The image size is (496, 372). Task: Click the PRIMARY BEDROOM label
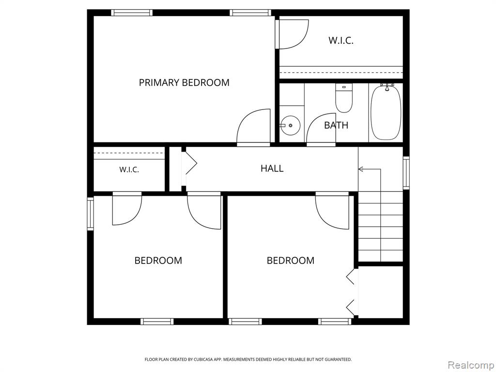[x=184, y=82]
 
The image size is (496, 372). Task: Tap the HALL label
[x=272, y=168]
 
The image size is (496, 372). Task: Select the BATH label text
[x=336, y=125]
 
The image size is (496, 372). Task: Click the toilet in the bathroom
[x=344, y=98]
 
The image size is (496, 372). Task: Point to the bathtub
[x=386, y=112]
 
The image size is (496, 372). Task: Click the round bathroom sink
[x=291, y=125]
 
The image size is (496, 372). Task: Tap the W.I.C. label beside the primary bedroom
[x=341, y=41]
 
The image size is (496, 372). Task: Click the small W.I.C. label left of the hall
[x=129, y=170]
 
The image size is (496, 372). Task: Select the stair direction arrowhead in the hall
[x=360, y=169]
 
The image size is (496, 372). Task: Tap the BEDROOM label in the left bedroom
[x=158, y=261]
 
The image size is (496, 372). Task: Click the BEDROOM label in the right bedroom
[x=291, y=261]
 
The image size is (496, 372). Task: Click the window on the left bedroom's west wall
[x=91, y=213]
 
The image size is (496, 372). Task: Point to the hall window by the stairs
[x=406, y=173]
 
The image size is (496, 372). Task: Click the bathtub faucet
[x=387, y=86]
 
